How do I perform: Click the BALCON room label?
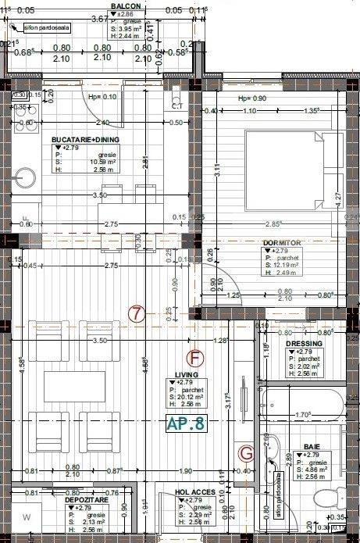[124, 5]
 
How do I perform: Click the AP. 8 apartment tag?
[186, 424]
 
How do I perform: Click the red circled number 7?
[137, 315]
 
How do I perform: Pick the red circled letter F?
[196, 359]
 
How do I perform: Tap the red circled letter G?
[246, 452]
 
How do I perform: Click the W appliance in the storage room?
[26, 517]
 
